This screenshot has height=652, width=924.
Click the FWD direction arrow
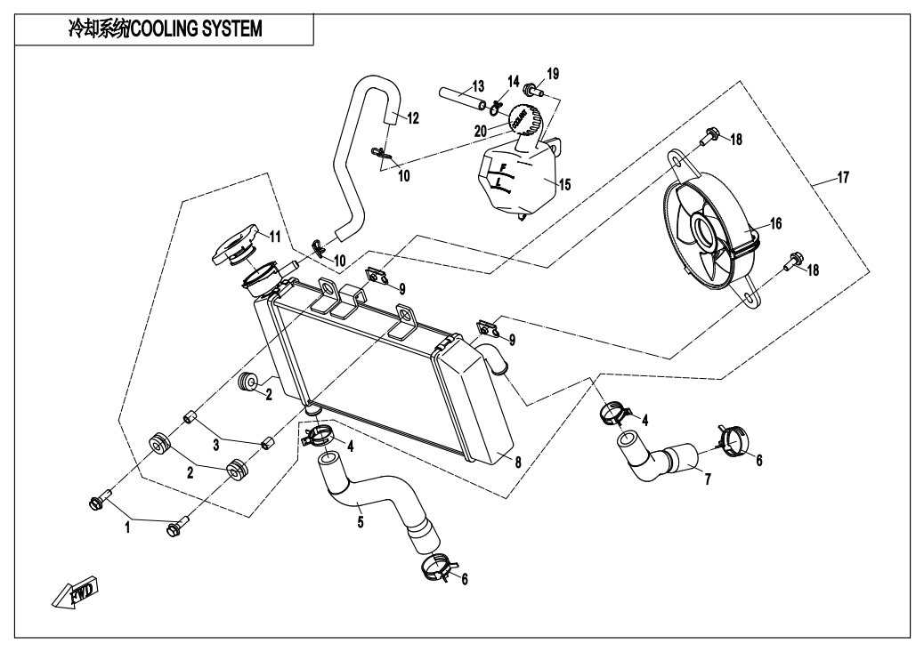(76, 592)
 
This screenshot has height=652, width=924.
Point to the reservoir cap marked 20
(521, 118)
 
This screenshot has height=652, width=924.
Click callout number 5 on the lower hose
(360, 522)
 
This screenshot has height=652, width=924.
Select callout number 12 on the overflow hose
(412, 117)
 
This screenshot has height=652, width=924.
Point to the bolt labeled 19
(532, 89)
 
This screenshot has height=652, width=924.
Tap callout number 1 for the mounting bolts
(127, 527)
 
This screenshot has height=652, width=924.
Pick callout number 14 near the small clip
(513, 80)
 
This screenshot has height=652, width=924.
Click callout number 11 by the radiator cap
(275, 237)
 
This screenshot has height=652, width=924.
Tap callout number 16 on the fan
(776, 223)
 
